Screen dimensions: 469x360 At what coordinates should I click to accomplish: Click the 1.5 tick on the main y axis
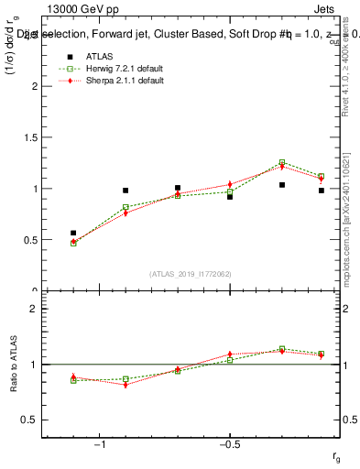pos(29,137)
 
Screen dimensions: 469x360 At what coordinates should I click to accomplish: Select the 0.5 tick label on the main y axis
pos(29,240)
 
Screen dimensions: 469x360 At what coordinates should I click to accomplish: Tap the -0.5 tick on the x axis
pos(229,444)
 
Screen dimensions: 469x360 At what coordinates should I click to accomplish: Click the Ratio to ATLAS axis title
pos(15,364)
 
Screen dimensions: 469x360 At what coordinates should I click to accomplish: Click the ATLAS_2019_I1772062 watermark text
pos(191,274)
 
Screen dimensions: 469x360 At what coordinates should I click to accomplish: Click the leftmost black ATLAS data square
pos(73,233)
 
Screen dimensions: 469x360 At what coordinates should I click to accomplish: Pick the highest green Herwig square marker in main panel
pos(282,162)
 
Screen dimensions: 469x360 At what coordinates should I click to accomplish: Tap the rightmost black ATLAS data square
pos(322,191)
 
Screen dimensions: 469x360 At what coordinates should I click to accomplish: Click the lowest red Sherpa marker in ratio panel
pos(125,385)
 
